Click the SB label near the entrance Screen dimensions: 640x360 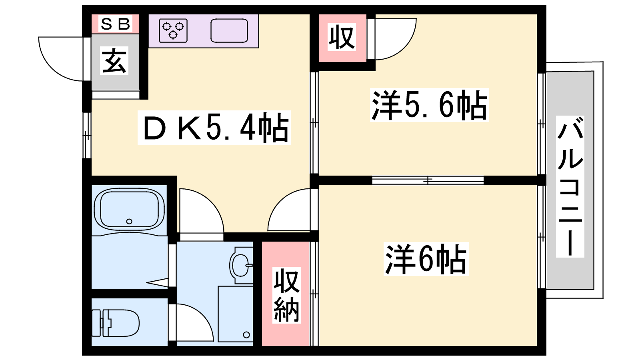click(116, 24)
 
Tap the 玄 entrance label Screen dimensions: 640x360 click(114, 60)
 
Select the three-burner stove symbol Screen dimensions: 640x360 click(173, 30)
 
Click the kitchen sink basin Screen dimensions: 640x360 click(229, 30)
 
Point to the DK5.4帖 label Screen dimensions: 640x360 click(214, 128)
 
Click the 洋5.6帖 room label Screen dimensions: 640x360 click(430, 105)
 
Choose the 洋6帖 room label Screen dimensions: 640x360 click(426, 259)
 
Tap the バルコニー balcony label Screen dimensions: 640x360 click(570, 186)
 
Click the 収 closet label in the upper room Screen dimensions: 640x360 click(342, 37)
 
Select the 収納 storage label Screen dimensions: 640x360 click(286, 295)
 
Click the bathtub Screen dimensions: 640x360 click(129, 209)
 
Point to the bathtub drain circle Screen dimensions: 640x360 click(129, 221)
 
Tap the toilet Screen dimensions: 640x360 click(116, 323)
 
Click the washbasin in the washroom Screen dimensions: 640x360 click(241, 266)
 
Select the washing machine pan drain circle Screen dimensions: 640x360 click(246, 334)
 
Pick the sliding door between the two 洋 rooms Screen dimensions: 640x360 click(428, 180)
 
